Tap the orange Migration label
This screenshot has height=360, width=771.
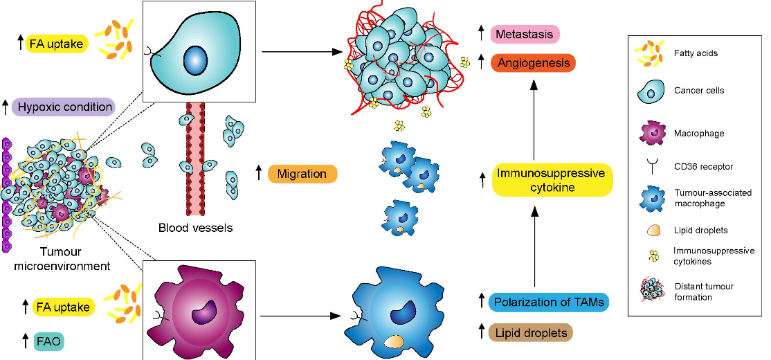coord(302,174)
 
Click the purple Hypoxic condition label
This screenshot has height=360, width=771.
coord(66,107)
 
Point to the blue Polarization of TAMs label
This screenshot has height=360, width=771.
coord(547,302)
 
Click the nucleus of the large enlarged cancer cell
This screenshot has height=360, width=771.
coord(195,61)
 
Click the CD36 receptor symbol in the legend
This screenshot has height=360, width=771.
coord(653,166)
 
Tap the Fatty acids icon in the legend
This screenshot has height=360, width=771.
coord(653,54)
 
